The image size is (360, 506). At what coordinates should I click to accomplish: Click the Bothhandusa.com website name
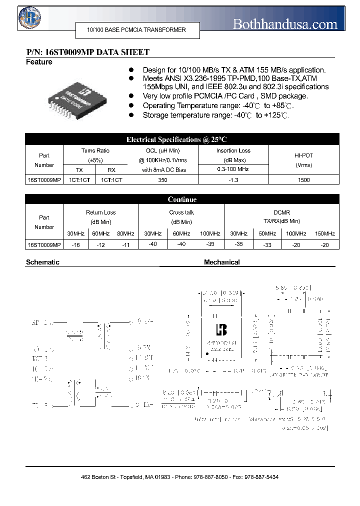285,23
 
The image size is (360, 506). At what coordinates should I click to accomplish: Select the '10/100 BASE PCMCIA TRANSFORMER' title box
137,30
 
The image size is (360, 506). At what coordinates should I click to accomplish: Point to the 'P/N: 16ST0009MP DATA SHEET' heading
87,52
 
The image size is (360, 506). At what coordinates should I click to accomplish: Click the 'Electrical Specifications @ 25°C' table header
182,139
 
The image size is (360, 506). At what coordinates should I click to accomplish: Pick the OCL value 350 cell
162,180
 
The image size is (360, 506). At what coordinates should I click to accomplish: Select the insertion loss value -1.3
233,180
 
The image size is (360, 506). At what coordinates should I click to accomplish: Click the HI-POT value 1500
303,180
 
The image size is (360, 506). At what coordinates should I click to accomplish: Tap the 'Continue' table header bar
182,199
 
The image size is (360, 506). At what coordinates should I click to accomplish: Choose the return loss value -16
76,245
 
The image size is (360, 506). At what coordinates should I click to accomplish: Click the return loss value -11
126,245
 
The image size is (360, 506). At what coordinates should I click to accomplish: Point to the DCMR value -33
267,245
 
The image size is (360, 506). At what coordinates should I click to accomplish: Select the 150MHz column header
325,233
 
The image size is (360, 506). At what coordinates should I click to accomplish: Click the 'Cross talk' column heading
181,212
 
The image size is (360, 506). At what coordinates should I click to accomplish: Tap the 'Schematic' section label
42,262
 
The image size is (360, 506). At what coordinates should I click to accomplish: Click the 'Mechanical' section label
221,262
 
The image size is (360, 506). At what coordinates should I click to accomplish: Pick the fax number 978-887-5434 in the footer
261,477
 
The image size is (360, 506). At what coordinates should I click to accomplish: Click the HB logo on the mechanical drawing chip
220,330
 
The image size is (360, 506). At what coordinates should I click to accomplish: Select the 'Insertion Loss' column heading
233,150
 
